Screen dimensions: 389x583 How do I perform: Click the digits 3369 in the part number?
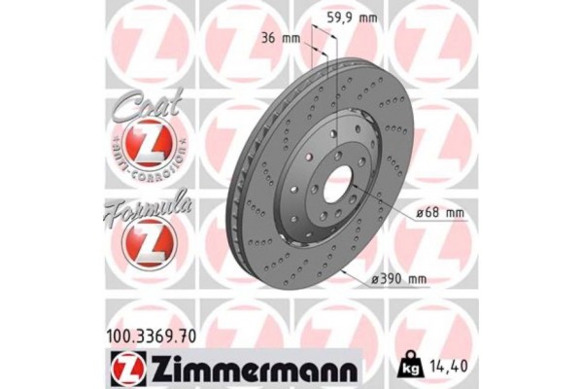[x=159, y=336]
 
